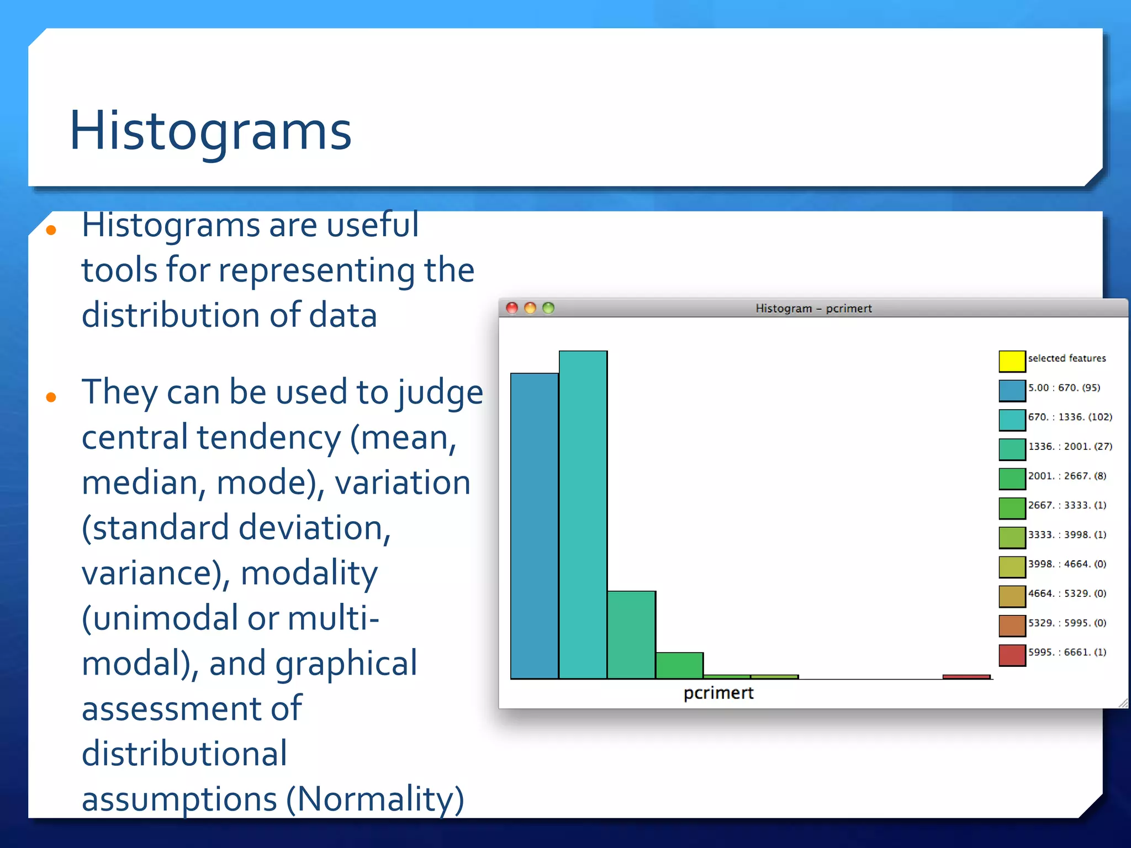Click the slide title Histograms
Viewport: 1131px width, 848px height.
click(x=210, y=131)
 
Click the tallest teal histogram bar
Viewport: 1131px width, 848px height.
click(x=583, y=513)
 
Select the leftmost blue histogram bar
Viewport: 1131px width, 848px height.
click(x=534, y=524)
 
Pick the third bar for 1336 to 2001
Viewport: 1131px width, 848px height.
click(x=631, y=635)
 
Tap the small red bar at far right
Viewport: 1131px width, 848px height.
click(x=966, y=676)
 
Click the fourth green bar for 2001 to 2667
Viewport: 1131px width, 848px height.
click(x=679, y=665)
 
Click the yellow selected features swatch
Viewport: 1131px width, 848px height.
click(x=1012, y=361)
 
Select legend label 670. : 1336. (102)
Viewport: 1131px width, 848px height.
click(x=1070, y=417)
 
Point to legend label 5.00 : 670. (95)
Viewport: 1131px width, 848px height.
click(x=1064, y=388)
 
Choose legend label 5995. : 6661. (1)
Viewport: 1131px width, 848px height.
click(x=1067, y=652)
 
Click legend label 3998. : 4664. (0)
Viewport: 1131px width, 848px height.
click(x=1067, y=564)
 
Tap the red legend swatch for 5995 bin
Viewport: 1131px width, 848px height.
click(x=1012, y=655)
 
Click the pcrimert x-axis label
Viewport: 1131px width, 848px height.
click(x=718, y=693)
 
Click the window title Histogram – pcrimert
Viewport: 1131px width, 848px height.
click(x=813, y=308)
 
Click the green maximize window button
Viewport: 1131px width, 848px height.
click(x=548, y=308)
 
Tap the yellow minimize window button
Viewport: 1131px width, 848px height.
click(x=530, y=308)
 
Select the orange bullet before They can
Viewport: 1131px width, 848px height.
click(x=51, y=397)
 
